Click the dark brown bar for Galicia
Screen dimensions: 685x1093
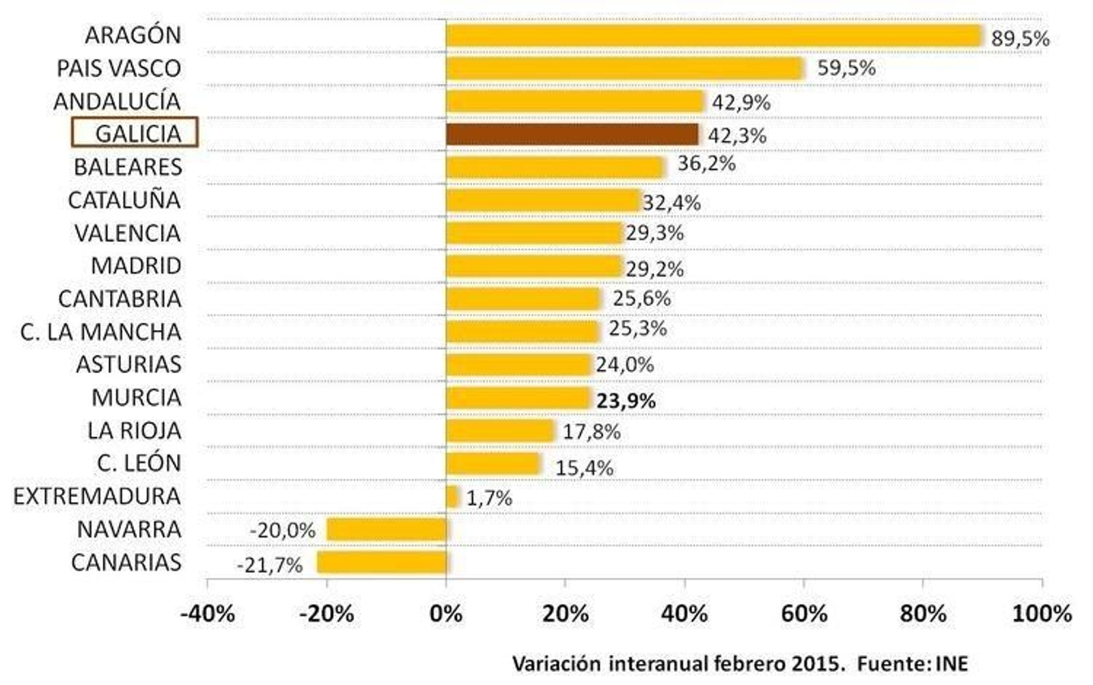[572, 135]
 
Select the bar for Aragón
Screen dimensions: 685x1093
[714, 36]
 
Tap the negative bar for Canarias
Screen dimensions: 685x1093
[381, 563]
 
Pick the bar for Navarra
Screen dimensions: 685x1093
[387, 530]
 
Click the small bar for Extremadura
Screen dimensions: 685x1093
[452, 497]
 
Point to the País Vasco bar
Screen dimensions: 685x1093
[625, 69]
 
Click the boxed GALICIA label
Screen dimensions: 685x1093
[135, 132]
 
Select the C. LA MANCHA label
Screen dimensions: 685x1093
[101, 332]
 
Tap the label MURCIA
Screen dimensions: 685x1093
[137, 397]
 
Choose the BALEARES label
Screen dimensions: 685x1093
[128, 167]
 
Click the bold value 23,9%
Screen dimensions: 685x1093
[626, 401]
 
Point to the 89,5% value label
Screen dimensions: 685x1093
[1020, 39]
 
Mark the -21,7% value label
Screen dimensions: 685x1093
[269, 565]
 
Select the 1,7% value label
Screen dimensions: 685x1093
[489, 498]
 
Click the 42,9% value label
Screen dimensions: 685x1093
[741, 102]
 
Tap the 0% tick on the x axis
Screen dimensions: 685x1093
[446, 613]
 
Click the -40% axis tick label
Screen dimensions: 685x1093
[207, 613]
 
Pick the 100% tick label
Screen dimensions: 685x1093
[1041, 613]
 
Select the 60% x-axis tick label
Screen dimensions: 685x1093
[803, 613]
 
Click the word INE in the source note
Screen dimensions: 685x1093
[952, 663]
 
